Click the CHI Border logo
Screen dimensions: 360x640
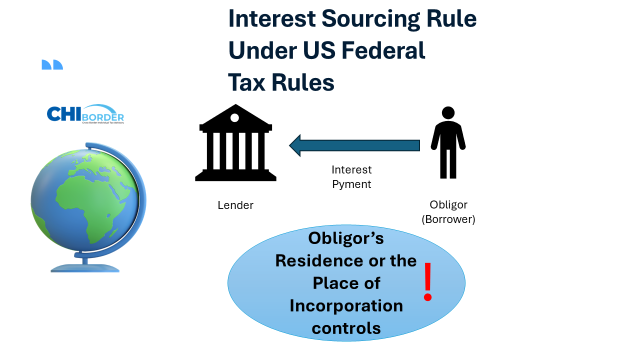85,114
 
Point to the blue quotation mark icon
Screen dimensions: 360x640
52,64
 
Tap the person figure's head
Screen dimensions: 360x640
448,112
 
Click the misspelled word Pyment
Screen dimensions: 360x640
351,184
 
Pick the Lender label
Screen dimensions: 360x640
235,205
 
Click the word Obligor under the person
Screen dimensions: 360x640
448,204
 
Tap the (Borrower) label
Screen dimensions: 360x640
448,219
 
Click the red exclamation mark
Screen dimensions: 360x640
427,282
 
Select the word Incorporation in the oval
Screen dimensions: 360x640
346,305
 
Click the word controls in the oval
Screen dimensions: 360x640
346,328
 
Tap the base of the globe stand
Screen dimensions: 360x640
85,267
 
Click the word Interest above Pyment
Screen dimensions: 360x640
351,170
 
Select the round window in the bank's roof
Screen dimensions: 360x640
235,118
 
